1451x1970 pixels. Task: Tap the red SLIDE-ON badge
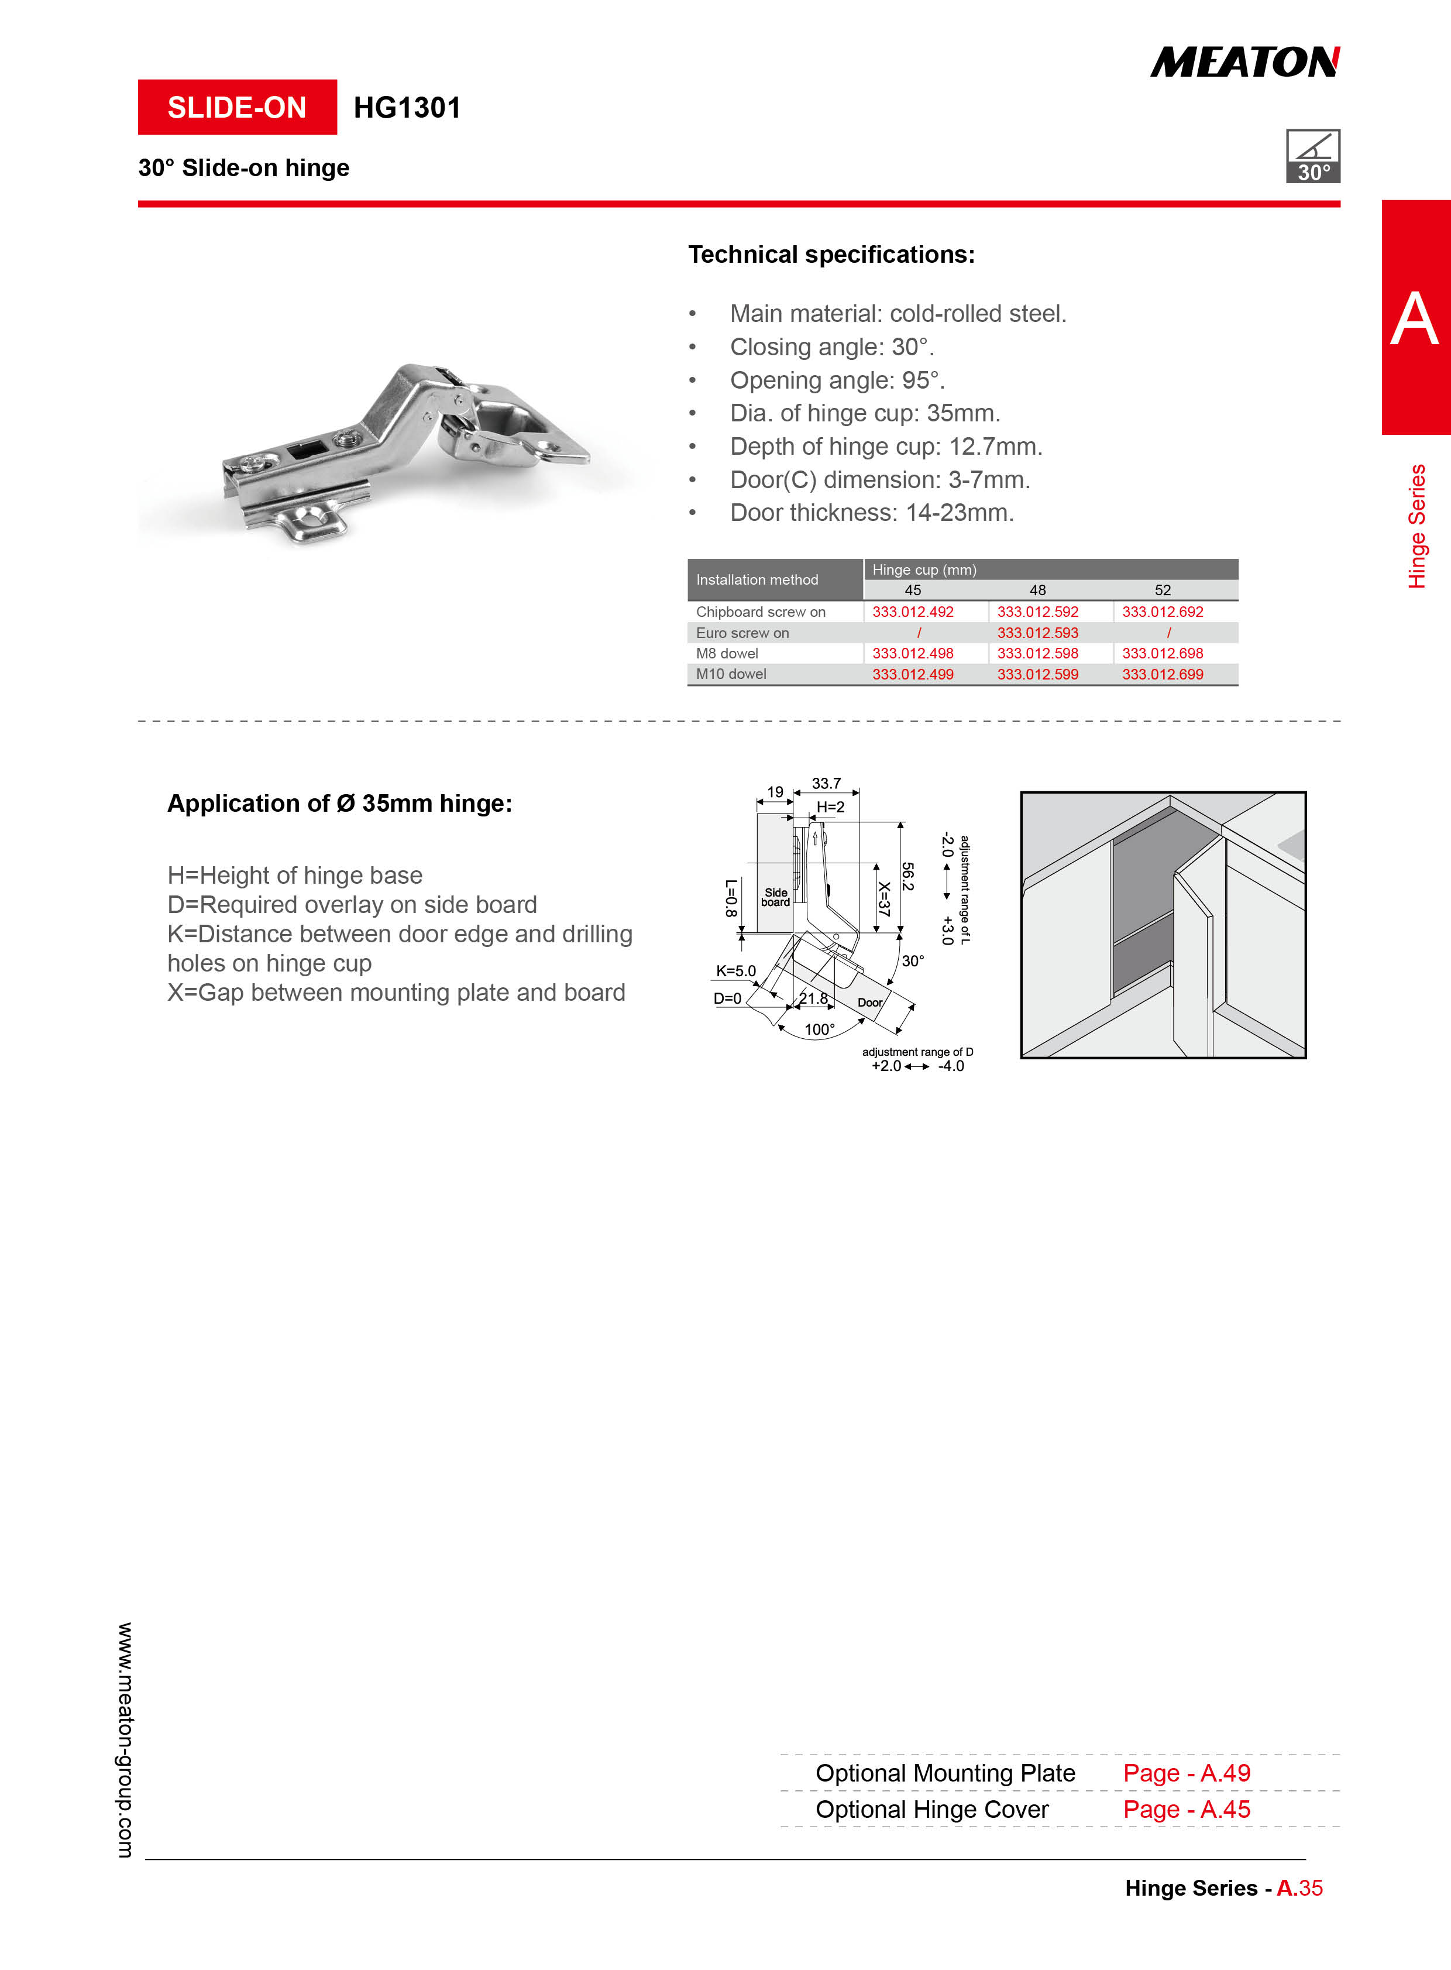(x=237, y=107)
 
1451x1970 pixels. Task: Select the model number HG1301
(x=407, y=107)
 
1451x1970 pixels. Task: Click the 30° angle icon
(x=1312, y=156)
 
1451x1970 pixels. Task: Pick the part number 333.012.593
(x=1037, y=633)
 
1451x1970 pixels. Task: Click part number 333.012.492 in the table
(x=913, y=612)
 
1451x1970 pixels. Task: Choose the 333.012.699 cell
(x=1162, y=674)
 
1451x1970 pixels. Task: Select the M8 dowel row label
(x=727, y=653)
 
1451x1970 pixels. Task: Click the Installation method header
(x=757, y=580)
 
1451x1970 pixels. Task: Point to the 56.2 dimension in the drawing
(x=907, y=876)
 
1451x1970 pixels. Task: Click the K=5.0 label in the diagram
(x=736, y=971)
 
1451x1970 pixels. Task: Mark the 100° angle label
(x=820, y=1029)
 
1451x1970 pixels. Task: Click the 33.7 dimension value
(x=826, y=783)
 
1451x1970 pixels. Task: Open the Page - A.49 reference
(x=1187, y=1773)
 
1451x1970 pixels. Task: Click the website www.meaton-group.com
(x=126, y=1740)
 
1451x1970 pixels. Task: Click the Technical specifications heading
(x=831, y=255)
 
